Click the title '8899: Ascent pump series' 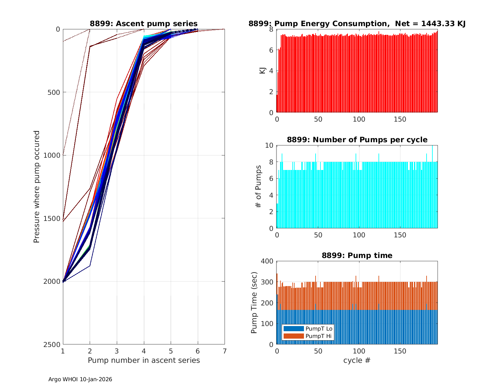[x=144, y=24]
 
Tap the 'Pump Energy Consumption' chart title [x=357, y=24]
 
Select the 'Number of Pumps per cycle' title [x=357, y=140]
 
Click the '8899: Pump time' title [x=357, y=255]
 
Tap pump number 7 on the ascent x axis [x=225, y=351]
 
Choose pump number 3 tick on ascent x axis [x=117, y=351]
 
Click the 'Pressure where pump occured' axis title [x=37, y=186]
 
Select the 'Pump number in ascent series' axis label [x=144, y=360]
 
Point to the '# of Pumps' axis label [x=258, y=186]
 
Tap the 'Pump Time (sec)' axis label [x=254, y=303]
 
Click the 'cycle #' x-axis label [x=357, y=360]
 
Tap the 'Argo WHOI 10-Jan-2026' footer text [x=80, y=379]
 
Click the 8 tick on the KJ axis [x=271, y=29]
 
